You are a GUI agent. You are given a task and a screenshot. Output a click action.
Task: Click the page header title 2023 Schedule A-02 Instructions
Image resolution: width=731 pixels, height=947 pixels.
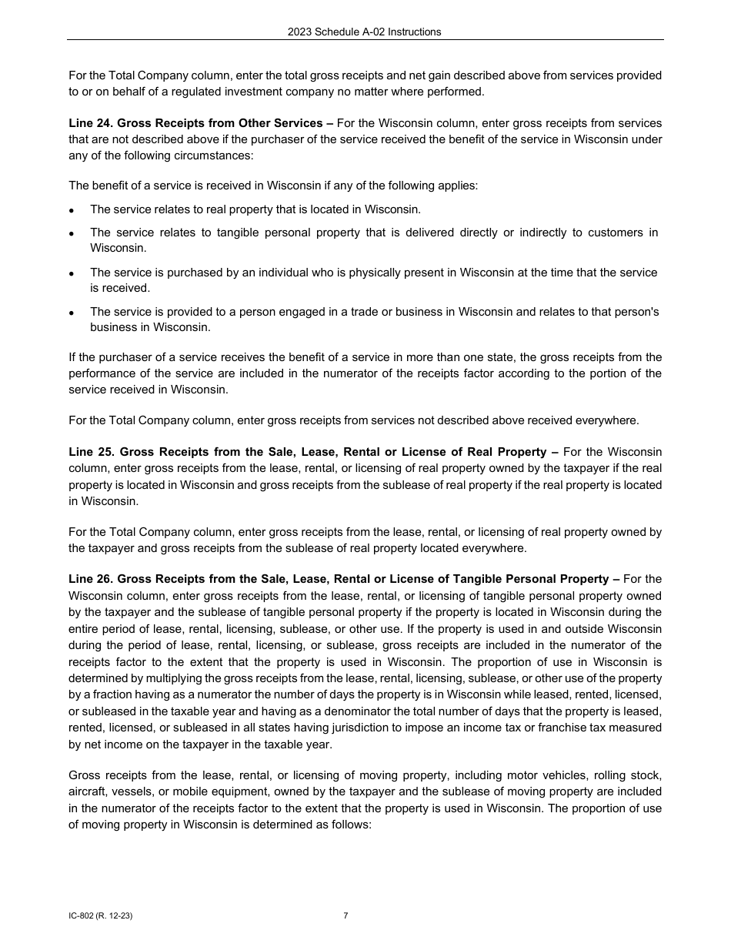point(364,32)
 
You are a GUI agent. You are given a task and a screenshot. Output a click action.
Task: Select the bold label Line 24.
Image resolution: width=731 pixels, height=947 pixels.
point(90,123)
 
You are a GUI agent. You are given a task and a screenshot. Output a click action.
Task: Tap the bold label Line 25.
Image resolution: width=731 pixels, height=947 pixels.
point(90,452)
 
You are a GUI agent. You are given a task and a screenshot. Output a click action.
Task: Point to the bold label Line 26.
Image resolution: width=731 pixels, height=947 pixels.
point(90,579)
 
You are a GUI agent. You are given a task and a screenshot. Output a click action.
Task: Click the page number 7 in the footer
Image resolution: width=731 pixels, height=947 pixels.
point(345,915)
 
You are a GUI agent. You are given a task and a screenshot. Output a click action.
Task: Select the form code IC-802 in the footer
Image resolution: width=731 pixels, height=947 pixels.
point(82,916)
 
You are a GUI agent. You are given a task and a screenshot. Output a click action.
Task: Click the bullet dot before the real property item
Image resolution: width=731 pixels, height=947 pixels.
point(72,210)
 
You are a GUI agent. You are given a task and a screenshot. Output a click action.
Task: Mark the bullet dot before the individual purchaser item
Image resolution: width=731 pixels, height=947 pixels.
point(72,273)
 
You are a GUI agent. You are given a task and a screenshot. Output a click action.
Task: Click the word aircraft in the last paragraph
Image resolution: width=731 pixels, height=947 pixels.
point(87,791)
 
